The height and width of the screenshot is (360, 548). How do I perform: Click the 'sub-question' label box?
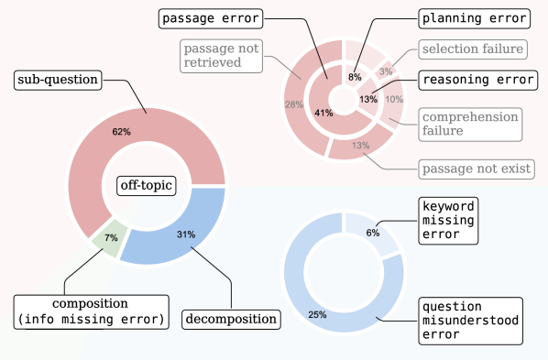(x=57, y=81)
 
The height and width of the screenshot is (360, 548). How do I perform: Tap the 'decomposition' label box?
(x=230, y=320)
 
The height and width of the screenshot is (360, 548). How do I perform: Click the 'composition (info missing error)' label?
(x=90, y=311)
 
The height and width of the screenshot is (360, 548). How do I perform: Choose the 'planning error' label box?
(x=474, y=17)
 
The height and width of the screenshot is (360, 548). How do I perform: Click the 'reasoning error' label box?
(x=477, y=80)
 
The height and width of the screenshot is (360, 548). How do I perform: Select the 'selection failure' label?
(x=472, y=48)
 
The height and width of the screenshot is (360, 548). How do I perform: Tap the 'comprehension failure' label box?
(x=470, y=124)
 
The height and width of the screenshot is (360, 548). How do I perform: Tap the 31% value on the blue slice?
(x=186, y=235)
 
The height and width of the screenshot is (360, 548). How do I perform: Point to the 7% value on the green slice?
(x=111, y=238)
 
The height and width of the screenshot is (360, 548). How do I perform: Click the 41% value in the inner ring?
(x=323, y=113)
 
